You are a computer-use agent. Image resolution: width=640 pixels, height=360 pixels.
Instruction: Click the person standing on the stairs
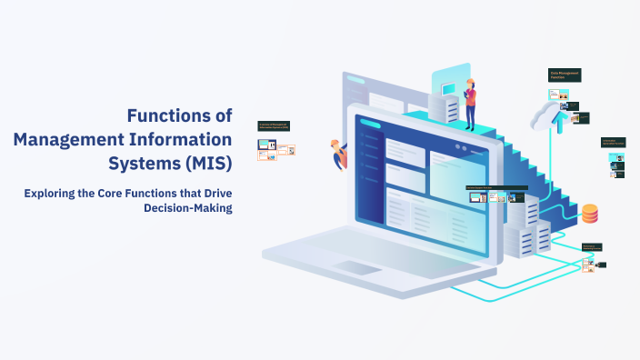[x=470, y=105]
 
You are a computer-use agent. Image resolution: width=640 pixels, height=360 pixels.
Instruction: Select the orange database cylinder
[x=590, y=213]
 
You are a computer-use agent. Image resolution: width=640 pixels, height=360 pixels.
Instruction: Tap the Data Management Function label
[x=564, y=75]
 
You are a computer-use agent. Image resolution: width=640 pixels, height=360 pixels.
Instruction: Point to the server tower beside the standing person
[x=448, y=109]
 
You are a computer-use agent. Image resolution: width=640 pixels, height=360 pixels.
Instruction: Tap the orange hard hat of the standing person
[x=470, y=81]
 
